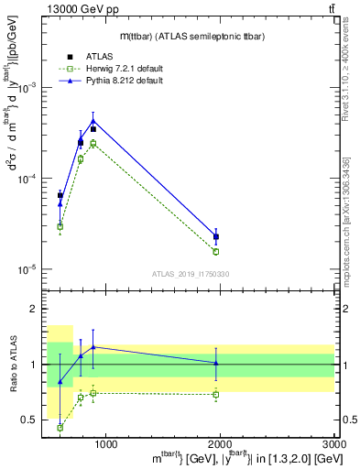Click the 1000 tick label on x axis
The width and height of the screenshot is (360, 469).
[105, 445]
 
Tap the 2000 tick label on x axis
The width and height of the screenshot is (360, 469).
[221, 445]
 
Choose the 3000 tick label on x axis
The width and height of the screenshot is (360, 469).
[333, 445]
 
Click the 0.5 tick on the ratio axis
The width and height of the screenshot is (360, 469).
[32, 420]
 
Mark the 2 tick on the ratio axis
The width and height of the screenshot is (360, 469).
[36, 310]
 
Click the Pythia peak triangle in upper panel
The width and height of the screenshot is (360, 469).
[93, 121]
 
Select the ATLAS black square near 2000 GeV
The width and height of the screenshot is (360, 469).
[216, 237]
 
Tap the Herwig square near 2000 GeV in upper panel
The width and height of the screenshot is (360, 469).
[216, 251]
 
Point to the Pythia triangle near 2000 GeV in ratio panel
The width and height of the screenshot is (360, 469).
[216, 363]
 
